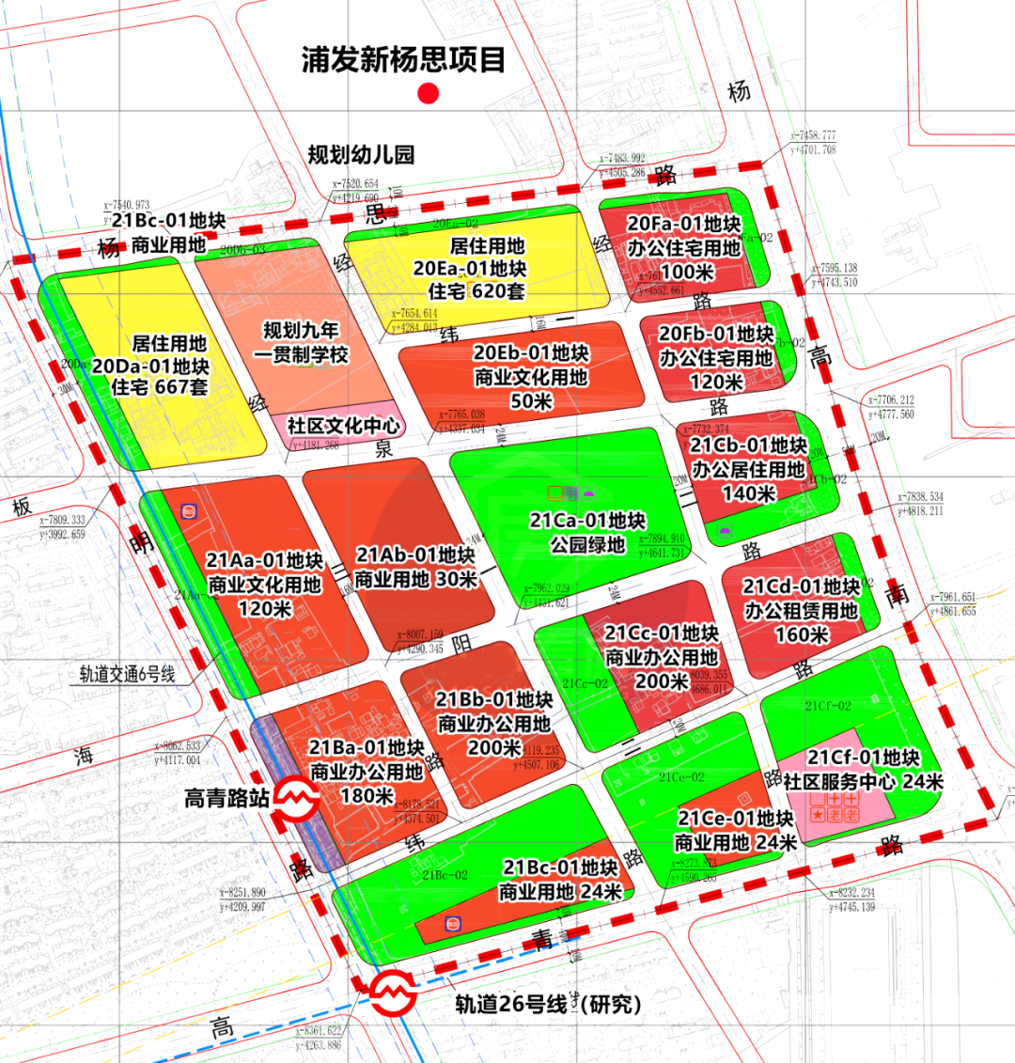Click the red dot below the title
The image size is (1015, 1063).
(429, 93)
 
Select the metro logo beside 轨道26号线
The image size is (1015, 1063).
(391, 993)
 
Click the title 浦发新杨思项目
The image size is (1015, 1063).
(403, 59)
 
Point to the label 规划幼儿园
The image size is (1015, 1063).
(361, 154)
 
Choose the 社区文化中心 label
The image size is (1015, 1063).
(343, 426)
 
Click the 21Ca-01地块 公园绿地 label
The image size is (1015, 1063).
(587, 532)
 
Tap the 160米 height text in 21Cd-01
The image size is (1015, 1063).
(802, 634)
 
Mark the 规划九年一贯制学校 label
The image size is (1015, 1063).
(301, 342)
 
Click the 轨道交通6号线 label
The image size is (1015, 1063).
(127, 674)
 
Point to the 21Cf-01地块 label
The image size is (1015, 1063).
(864, 758)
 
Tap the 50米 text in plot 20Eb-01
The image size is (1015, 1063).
(531, 401)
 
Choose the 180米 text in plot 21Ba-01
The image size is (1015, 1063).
(367, 795)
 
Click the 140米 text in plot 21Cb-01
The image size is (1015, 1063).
(748, 492)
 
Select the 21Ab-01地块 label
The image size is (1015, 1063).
(415, 555)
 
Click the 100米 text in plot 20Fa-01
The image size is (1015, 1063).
(686, 272)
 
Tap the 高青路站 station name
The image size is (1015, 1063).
(226, 799)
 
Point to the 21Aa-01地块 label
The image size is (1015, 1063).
(265, 561)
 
